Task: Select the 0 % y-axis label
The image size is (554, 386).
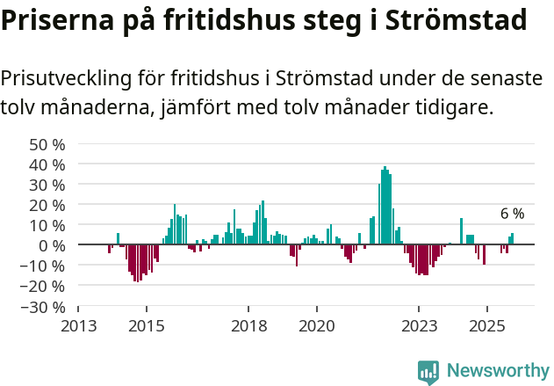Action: tap(52, 245)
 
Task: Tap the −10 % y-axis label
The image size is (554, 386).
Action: tap(44, 266)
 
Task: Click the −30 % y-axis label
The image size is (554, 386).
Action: tap(44, 307)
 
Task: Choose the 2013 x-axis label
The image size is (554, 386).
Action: tap(78, 326)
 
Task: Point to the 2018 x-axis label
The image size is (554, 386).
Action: tap(248, 326)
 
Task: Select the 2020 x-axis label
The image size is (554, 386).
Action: tap(316, 326)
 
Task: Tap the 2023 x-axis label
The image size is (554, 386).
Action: tap(418, 326)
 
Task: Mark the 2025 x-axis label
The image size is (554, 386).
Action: tap(486, 326)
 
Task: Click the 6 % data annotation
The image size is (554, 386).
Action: tap(512, 214)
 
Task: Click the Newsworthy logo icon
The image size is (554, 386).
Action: tap(428, 371)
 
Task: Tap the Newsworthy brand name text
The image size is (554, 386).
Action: tap(497, 371)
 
